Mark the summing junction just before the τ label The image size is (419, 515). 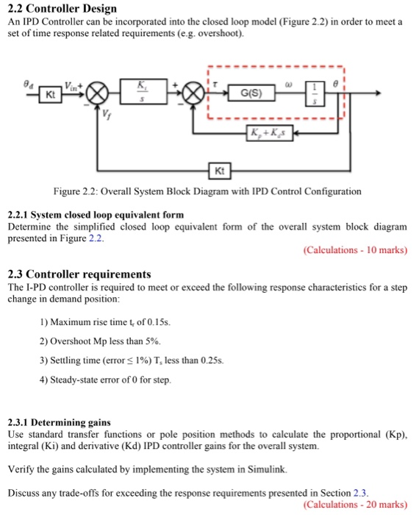point(195,93)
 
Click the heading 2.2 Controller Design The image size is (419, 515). point(62,8)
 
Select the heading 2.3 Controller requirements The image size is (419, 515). point(79,274)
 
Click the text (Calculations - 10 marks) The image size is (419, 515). point(354,250)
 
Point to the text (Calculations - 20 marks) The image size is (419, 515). point(354,505)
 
